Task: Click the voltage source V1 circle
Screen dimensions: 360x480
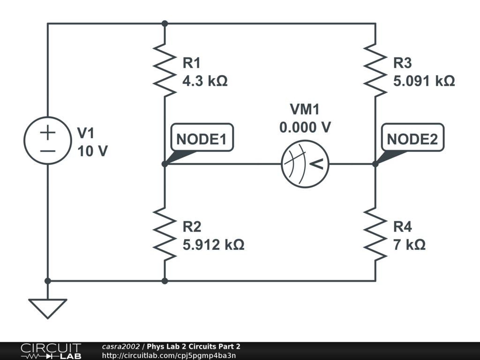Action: coord(47,141)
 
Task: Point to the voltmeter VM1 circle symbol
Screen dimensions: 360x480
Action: coord(305,164)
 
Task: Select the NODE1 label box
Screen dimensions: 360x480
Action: coord(202,139)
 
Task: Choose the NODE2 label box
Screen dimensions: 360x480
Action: coord(412,139)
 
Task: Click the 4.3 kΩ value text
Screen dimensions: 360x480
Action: coord(205,81)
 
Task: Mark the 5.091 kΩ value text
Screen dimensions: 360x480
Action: coord(424,81)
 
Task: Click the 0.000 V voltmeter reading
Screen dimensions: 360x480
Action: coord(305,127)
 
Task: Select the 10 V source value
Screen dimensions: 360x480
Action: coord(92,151)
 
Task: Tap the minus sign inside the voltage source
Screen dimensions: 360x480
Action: coord(47,151)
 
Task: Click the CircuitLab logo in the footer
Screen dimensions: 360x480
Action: coord(51,351)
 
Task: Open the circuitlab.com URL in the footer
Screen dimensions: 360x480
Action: coord(169,356)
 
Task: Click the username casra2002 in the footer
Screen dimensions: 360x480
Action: coord(120,347)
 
